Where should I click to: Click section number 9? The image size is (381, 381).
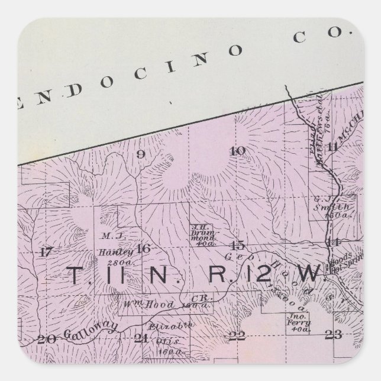(141, 155)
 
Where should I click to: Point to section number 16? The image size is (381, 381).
(143, 248)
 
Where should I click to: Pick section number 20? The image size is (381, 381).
(45, 339)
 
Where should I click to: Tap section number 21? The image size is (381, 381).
(141, 338)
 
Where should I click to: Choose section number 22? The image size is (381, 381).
(237, 336)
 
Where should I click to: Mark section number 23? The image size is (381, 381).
(334, 335)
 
